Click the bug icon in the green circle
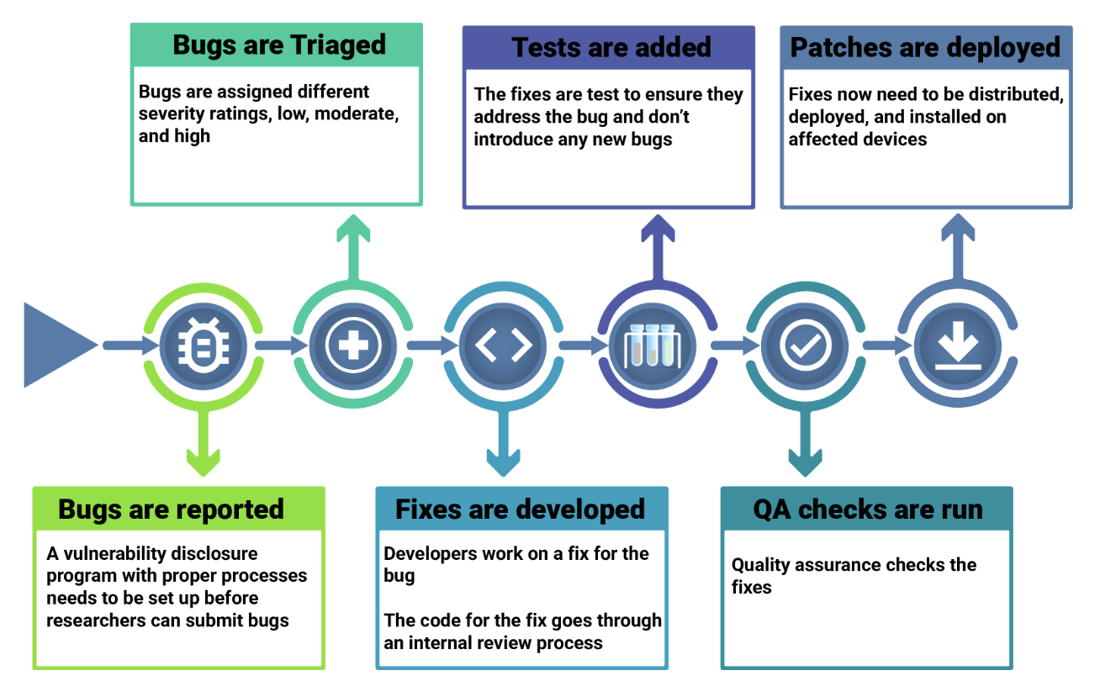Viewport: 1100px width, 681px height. click(x=204, y=346)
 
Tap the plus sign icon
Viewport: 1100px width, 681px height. click(x=353, y=346)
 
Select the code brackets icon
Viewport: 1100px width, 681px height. click(x=504, y=346)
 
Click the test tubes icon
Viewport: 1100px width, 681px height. click(x=652, y=346)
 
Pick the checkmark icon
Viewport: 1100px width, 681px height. click(x=806, y=346)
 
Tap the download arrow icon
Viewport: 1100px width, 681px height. click(x=958, y=346)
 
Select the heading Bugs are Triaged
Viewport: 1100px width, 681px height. click(x=279, y=45)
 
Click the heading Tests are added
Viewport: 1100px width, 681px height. click(x=611, y=48)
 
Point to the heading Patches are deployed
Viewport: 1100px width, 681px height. click(x=925, y=48)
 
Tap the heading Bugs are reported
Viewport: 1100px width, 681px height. click(x=171, y=509)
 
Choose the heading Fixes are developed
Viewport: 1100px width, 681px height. click(x=520, y=509)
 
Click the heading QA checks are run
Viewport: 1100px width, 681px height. click(x=868, y=509)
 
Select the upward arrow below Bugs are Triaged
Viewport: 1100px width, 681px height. click(x=353, y=247)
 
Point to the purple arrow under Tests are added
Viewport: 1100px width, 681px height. click(x=658, y=247)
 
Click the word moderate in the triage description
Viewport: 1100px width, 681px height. click(x=356, y=113)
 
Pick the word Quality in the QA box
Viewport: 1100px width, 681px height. click(x=760, y=565)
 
